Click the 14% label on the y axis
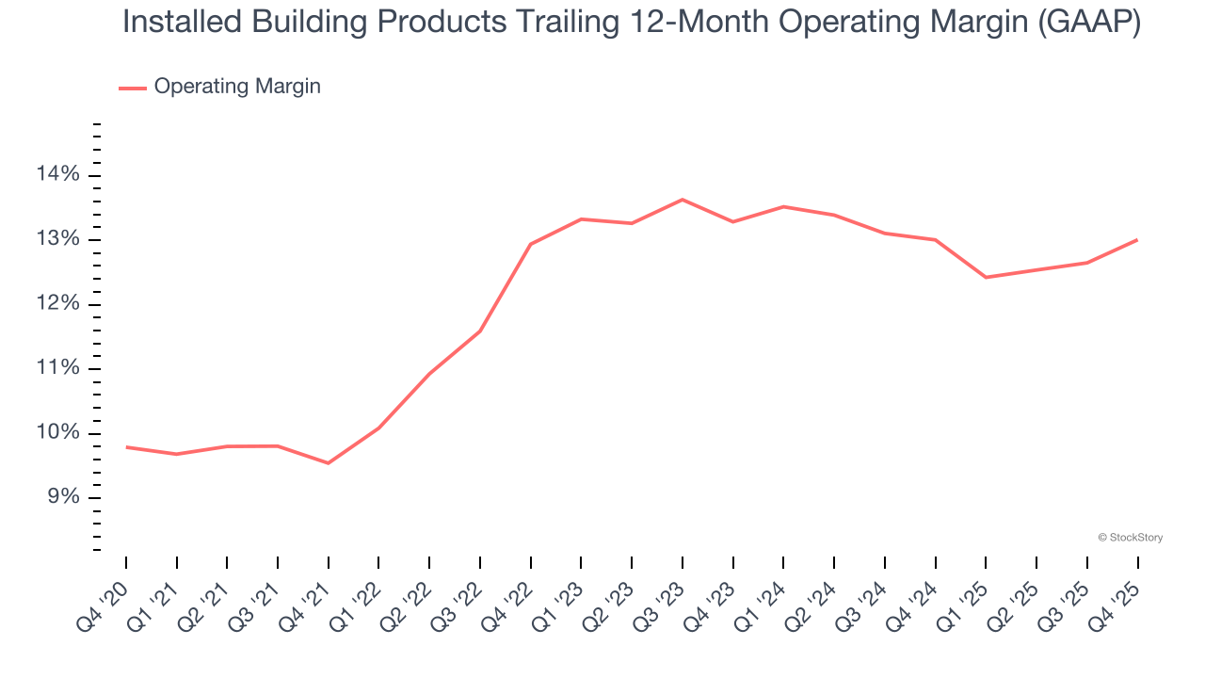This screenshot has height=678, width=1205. coord(57,175)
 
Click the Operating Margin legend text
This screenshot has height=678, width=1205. coord(237,87)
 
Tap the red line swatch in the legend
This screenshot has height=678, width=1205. coord(133,88)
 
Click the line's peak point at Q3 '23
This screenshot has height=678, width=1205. coord(683,200)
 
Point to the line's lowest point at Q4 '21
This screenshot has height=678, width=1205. coord(328,463)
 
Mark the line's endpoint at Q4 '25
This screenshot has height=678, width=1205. coord(1137,240)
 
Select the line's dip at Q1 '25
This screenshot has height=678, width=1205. coord(986,277)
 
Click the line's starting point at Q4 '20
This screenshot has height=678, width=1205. coord(126,447)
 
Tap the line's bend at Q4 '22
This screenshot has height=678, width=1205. coord(531,244)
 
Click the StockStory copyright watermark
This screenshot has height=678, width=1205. coord(1131,538)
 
